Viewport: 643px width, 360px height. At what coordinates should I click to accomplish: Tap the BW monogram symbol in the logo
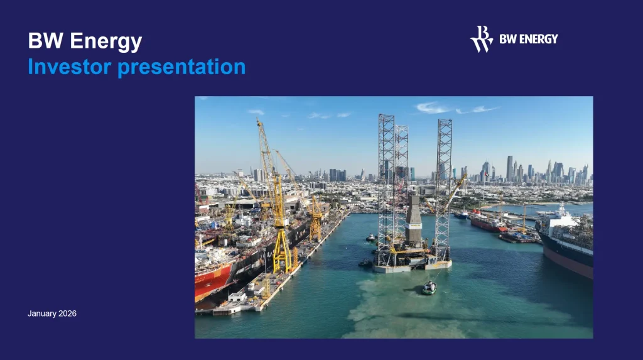click(482, 39)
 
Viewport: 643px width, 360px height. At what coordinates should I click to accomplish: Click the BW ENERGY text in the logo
click(529, 39)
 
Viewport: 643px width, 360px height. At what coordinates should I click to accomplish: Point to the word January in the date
click(43, 313)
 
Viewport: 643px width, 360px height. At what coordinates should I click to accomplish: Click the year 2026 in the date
click(67, 313)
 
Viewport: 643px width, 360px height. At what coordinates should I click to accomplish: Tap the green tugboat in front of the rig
click(429, 288)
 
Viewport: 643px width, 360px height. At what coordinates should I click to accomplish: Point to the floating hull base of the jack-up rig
click(411, 264)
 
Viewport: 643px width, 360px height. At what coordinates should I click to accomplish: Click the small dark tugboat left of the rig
click(365, 263)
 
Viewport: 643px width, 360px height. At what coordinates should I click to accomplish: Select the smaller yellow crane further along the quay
click(316, 217)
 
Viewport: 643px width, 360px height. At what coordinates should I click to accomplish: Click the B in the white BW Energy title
click(35, 41)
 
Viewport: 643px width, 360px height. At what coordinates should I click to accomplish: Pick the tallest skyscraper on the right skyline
click(509, 168)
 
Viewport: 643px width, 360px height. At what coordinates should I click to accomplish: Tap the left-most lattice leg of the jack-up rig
click(386, 182)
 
